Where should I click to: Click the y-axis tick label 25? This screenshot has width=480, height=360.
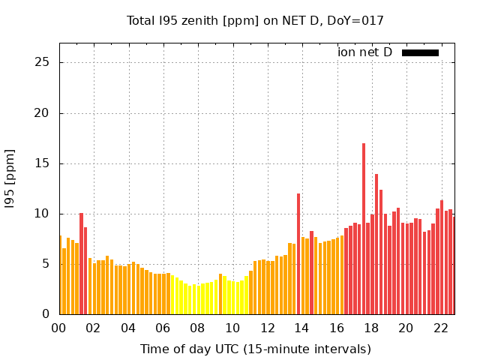pyautogui.click(x=43, y=62)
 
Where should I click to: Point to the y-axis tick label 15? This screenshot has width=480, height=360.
pyautogui.click(x=43, y=163)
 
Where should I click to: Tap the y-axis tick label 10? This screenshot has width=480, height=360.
pyautogui.click(x=43, y=214)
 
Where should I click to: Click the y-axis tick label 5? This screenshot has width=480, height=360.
pyautogui.click(x=46, y=264)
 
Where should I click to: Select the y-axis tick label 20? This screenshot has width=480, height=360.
pyautogui.click(x=43, y=113)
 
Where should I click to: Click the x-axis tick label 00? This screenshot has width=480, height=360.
pyautogui.click(x=59, y=328)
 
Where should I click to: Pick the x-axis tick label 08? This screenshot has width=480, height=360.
pyautogui.click(x=198, y=328)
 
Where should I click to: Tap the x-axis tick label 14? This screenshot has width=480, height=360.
pyautogui.click(x=301, y=328)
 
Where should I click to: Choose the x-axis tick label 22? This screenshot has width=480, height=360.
pyautogui.click(x=440, y=328)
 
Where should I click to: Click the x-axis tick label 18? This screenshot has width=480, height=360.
pyautogui.click(x=371, y=328)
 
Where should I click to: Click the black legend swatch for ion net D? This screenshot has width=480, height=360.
pyautogui.click(x=420, y=52)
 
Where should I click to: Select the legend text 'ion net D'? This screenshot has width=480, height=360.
pyautogui.click(x=364, y=52)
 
